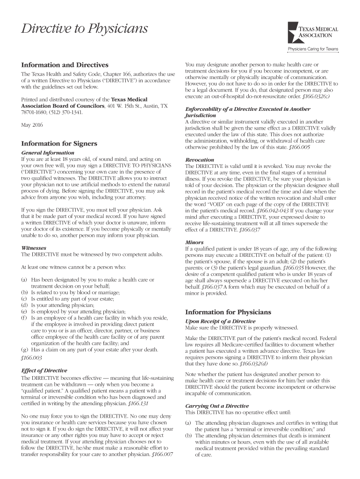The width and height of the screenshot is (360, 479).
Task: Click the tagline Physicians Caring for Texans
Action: click(x=313, y=49)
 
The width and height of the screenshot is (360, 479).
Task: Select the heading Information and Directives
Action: click(x=65, y=65)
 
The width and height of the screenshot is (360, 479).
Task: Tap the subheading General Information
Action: click(x=48, y=152)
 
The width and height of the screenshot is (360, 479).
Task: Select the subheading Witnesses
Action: click(x=34, y=248)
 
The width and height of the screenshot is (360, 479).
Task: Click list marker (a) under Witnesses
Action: click(x=25, y=279)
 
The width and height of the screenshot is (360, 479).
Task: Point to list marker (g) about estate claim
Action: click(x=25, y=349)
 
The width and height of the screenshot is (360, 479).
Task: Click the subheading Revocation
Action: click(x=200, y=160)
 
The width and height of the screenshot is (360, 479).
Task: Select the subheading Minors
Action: click(x=194, y=242)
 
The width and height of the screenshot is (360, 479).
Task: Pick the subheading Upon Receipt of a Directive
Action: click(x=220, y=321)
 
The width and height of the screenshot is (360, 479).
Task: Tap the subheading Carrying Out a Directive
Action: click(x=217, y=406)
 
